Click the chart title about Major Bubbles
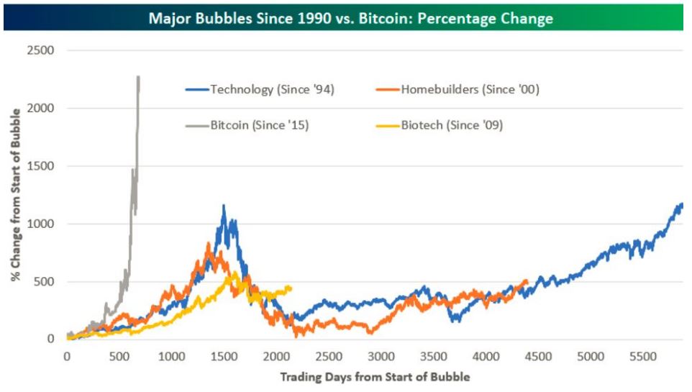(x=350, y=18)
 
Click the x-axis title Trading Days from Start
(x=374, y=376)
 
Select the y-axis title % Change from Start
(x=16, y=195)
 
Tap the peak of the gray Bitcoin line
(x=137, y=76)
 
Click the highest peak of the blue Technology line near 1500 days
(x=224, y=206)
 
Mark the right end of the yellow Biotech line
(x=291, y=287)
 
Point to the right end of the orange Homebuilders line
(x=527, y=281)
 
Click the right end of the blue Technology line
(x=682, y=204)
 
